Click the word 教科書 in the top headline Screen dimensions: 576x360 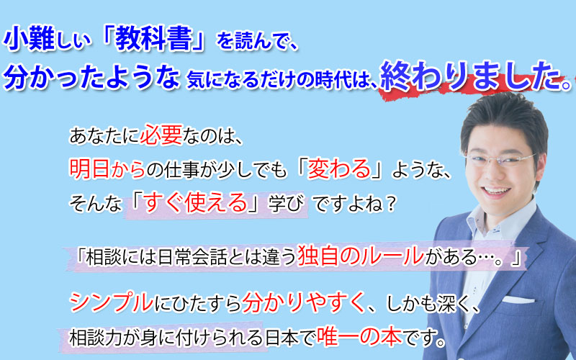(x=154, y=40)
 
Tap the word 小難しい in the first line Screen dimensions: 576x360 (x=47, y=40)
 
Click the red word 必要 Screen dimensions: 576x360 (x=161, y=135)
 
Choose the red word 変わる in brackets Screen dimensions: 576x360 (x=338, y=169)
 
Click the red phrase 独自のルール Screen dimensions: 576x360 (x=361, y=256)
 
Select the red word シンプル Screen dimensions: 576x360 (x=112, y=302)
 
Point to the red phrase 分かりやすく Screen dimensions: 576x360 (x=303, y=302)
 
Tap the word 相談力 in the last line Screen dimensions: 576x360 (x=96, y=338)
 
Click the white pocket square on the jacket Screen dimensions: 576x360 (x=518, y=300)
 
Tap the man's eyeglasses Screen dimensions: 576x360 (x=500, y=159)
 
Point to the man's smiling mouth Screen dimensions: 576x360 (x=497, y=191)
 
